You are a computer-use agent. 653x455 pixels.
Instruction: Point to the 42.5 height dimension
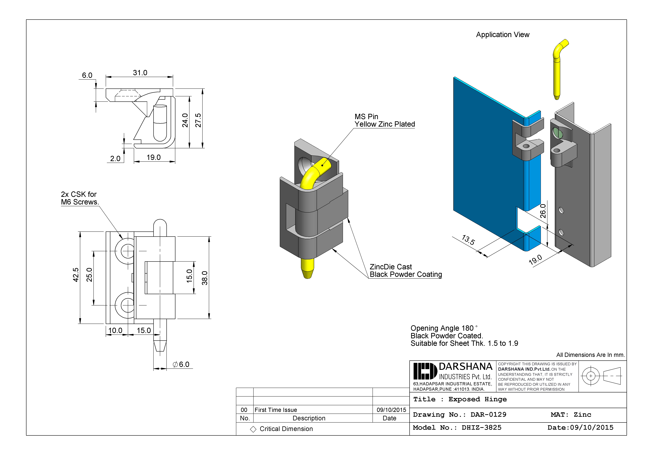click(76, 275)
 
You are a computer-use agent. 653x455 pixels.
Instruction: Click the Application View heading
click(503, 35)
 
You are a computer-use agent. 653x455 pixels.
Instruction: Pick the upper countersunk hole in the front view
click(127, 251)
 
